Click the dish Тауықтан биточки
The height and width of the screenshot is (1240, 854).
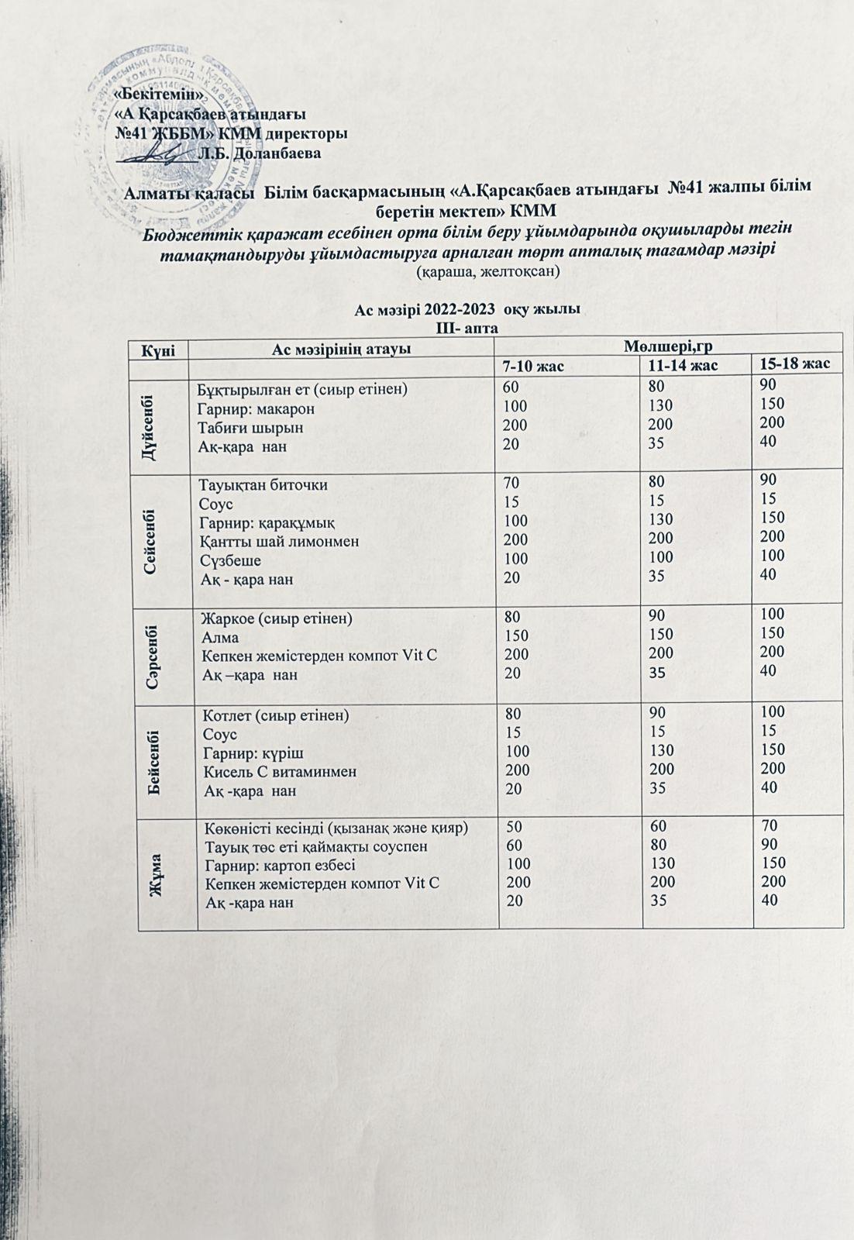click(263, 486)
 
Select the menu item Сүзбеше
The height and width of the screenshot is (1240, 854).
click(230, 560)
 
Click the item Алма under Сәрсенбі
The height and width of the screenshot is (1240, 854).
click(220, 638)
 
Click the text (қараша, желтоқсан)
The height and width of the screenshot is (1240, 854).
click(487, 272)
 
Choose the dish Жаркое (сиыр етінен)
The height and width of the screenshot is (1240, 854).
click(277, 619)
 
